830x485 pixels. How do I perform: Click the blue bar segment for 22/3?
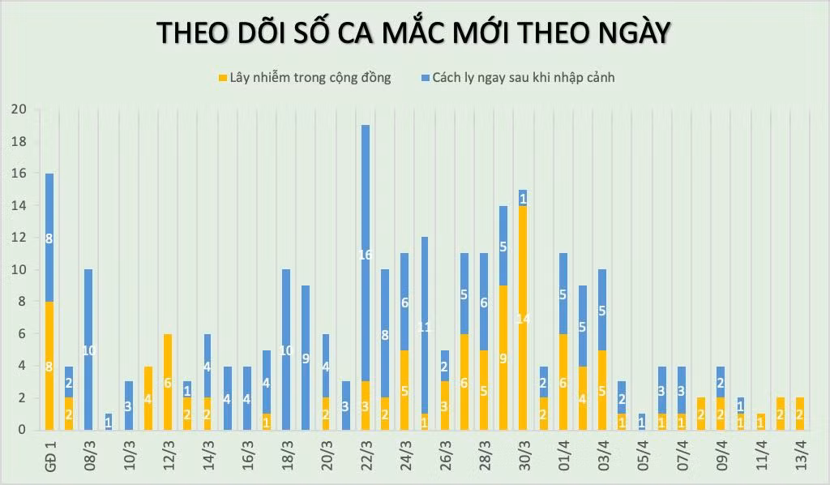pyautogui.click(x=366, y=253)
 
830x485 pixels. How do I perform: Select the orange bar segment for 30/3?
pyautogui.click(x=523, y=318)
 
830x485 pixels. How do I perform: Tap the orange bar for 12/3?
pyautogui.click(x=168, y=381)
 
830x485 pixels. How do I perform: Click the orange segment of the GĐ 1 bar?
pyautogui.click(x=49, y=365)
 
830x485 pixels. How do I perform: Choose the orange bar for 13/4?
pyautogui.click(x=799, y=414)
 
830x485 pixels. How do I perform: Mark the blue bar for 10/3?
pyautogui.click(x=128, y=406)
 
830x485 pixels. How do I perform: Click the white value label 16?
pyautogui.click(x=366, y=255)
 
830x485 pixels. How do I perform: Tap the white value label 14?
pyautogui.click(x=523, y=319)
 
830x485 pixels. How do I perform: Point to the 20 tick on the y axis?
pyautogui.click(x=18, y=109)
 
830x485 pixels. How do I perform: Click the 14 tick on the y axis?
pyautogui.click(x=18, y=205)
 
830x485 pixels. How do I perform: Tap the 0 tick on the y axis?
pyautogui.click(x=21, y=430)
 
